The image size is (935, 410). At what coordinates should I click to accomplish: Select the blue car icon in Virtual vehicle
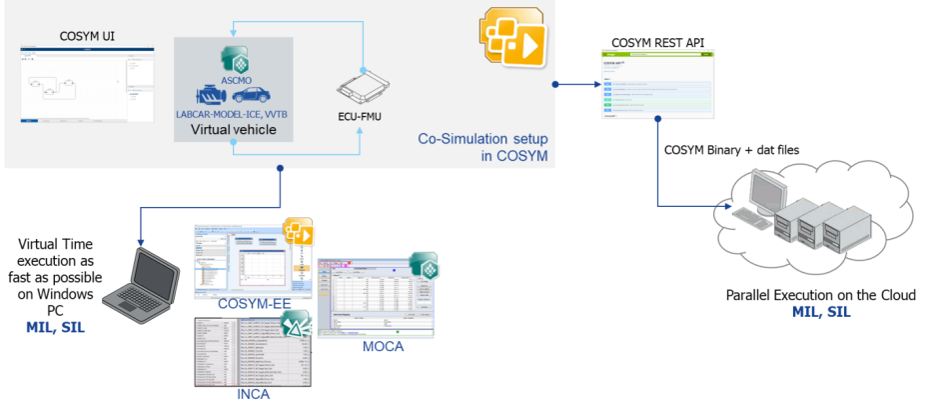[250, 95]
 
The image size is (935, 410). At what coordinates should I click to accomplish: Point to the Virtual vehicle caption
[234, 130]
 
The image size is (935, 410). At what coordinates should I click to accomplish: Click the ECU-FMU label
[361, 115]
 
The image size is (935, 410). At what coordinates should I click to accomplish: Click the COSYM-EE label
[243, 304]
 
